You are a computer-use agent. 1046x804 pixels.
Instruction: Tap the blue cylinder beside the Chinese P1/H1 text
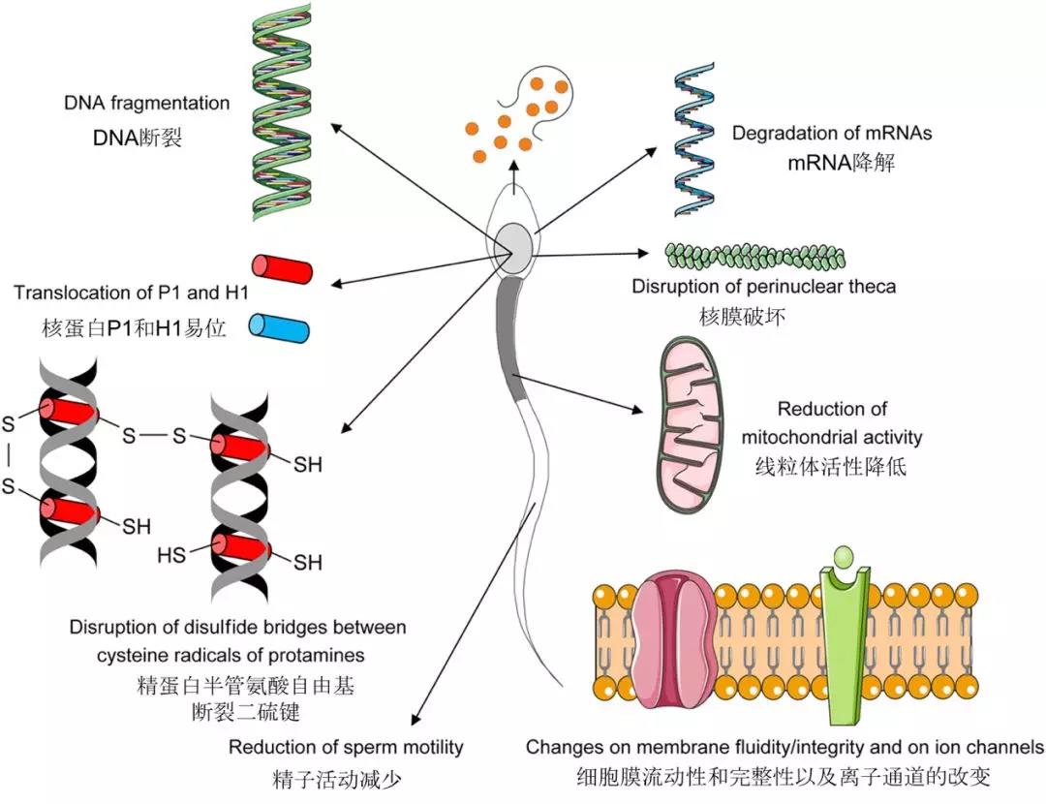pos(278,326)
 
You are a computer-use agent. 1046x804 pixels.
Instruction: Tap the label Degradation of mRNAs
pos(832,133)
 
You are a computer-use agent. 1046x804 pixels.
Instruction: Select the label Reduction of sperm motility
pos(346,747)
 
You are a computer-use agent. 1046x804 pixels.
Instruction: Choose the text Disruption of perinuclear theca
pos(764,287)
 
